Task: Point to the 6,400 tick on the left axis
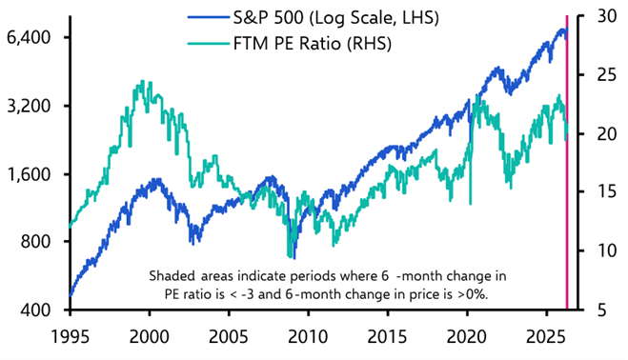[x=29, y=38]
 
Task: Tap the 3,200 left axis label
[x=29, y=106]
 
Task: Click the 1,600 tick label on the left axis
[x=29, y=174]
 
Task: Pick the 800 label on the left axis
[x=36, y=242]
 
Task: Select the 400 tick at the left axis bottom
[x=36, y=310]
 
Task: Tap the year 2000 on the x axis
[x=149, y=338]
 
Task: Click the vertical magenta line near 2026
[x=568, y=162]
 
